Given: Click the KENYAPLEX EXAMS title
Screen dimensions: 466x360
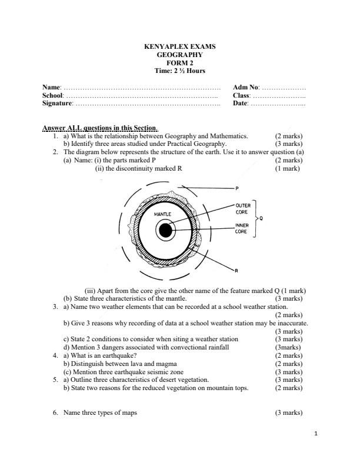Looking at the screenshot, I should click(x=180, y=45).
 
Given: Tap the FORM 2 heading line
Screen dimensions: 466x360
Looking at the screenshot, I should click(x=180, y=62).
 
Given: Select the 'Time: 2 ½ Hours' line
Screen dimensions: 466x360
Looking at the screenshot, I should click(x=180, y=71).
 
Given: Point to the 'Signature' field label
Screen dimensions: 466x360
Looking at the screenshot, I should click(x=58, y=104).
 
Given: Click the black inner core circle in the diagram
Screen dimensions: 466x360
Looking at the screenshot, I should click(x=166, y=231).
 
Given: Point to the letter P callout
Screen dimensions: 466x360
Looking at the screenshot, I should click(x=236, y=189).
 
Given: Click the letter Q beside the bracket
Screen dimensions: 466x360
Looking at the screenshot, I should click(x=261, y=218).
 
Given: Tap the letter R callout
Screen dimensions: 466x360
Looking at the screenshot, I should click(x=236, y=271).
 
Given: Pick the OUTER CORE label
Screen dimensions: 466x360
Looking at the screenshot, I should click(x=243, y=208).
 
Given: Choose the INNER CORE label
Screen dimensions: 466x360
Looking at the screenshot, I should click(x=243, y=228).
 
